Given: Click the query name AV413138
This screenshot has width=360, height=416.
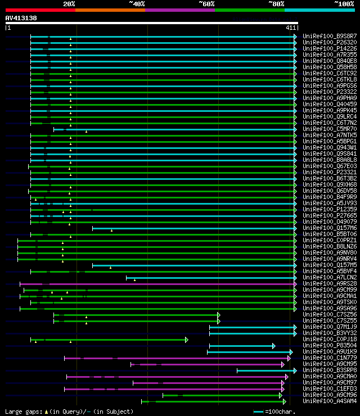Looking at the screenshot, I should click(x=21, y=18).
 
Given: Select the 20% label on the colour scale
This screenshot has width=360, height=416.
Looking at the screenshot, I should click(x=69, y=3).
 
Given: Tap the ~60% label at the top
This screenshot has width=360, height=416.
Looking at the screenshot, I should click(x=206, y=3).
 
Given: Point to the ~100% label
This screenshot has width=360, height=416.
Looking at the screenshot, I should click(x=344, y=3).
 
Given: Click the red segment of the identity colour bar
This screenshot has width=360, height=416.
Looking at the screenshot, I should click(x=40, y=10).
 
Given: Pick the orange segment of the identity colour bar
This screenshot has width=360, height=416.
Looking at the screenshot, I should click(x=110, y=10).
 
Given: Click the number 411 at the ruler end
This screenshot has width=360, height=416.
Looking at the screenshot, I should click(x=291, y=28).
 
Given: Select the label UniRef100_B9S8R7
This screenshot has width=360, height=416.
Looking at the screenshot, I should click(x=329, y=36).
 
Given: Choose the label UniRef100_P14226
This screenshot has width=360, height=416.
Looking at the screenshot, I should click(x=329, y=48).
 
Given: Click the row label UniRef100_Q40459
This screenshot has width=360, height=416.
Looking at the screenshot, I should click(x=329, y=104).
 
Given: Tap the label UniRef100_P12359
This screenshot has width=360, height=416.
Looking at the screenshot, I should click(x=329, y=209).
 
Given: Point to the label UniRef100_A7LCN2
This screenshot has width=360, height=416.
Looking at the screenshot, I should click(x=329, y=277).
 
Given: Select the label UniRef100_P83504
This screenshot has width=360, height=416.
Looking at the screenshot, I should click(x=329, y=345).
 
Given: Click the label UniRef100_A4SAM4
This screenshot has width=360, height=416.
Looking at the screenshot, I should click(x=329, y=401).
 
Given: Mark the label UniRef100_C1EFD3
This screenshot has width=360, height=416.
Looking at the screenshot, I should click(x=329, y=388).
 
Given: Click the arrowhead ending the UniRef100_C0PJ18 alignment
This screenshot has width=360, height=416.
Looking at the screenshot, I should click(x=186, y=340).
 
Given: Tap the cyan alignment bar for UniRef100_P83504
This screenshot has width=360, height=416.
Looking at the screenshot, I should click(x=241, y=346).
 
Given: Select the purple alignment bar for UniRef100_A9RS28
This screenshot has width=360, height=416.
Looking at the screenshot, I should click(x=157, y=284).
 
